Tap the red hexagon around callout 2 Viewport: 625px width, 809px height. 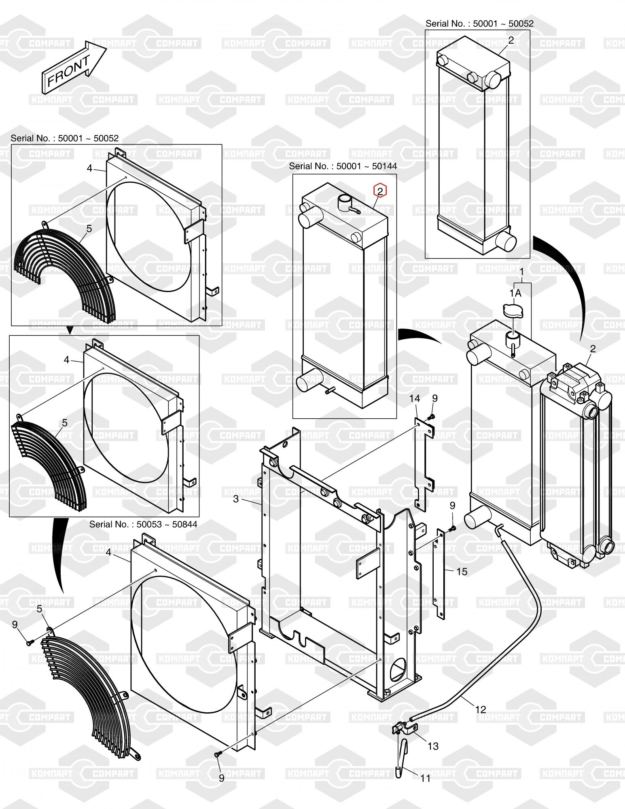tap(380, 191)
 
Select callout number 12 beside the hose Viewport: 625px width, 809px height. tap(481, 709)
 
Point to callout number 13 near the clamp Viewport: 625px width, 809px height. tap(433, 746)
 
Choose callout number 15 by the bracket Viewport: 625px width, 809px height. tap(462, 572)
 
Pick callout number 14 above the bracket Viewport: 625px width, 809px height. tap(415, 398)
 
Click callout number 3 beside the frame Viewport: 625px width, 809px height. tap(236, 499)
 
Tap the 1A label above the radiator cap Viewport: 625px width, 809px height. tap(515, 293)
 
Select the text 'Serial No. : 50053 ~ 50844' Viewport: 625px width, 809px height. tap(143, 524)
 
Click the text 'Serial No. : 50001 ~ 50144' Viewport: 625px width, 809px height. tap(343, 166)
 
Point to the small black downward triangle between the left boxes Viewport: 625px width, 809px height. tap(70, 330)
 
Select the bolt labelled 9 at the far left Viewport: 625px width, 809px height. tap(29, 642)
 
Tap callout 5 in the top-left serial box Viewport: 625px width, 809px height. tap(89, 229)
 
